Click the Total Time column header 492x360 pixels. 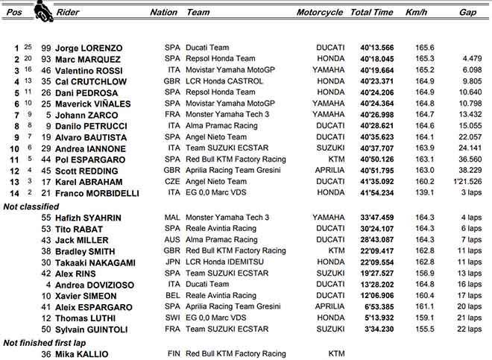(x=371, y=12)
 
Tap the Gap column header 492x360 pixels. (x=467, y=12)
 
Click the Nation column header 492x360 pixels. (x=163, y=12)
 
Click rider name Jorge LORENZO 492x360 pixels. (x=89, y=48)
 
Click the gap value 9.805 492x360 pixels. (x=473, y=81)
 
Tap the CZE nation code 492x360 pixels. (x=172, y=182)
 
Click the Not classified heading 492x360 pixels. (x=31, y=206)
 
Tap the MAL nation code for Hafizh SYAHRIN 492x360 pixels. (x=172, y=218)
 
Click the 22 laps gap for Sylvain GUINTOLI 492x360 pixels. (x=470, y=329)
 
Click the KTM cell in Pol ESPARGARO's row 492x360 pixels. (x=335, y=160)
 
